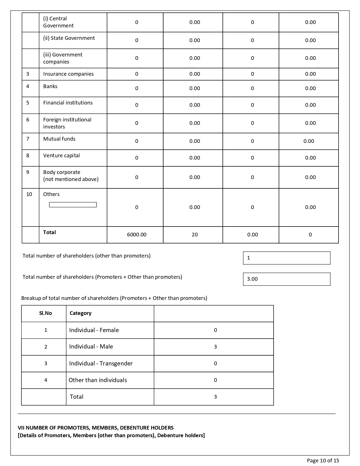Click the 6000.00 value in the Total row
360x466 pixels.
[137, 235]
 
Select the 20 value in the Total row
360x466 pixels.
[195, 235]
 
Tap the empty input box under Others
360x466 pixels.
[73, 205]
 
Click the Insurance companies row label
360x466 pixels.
[68, 74]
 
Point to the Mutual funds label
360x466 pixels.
[59, 139]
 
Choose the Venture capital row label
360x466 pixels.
[61, 156]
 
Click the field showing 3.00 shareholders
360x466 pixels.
[286, 279]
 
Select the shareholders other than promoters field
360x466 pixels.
[286, 258]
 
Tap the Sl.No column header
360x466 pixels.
[45, 313]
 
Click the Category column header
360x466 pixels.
[80, 313]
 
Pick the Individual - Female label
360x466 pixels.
[94, 330]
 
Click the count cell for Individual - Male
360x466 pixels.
[215, 347]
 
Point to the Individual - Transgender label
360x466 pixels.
[101, 363]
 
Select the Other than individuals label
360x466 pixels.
[98, 380]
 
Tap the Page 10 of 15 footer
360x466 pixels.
[323, 461]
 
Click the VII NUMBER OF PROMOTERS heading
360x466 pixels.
[96, 428]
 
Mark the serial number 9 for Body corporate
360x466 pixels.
[28, 172]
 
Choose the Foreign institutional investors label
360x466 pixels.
[67, 123]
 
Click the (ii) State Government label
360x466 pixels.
[69, 38]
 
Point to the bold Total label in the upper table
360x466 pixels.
[49, 232]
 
